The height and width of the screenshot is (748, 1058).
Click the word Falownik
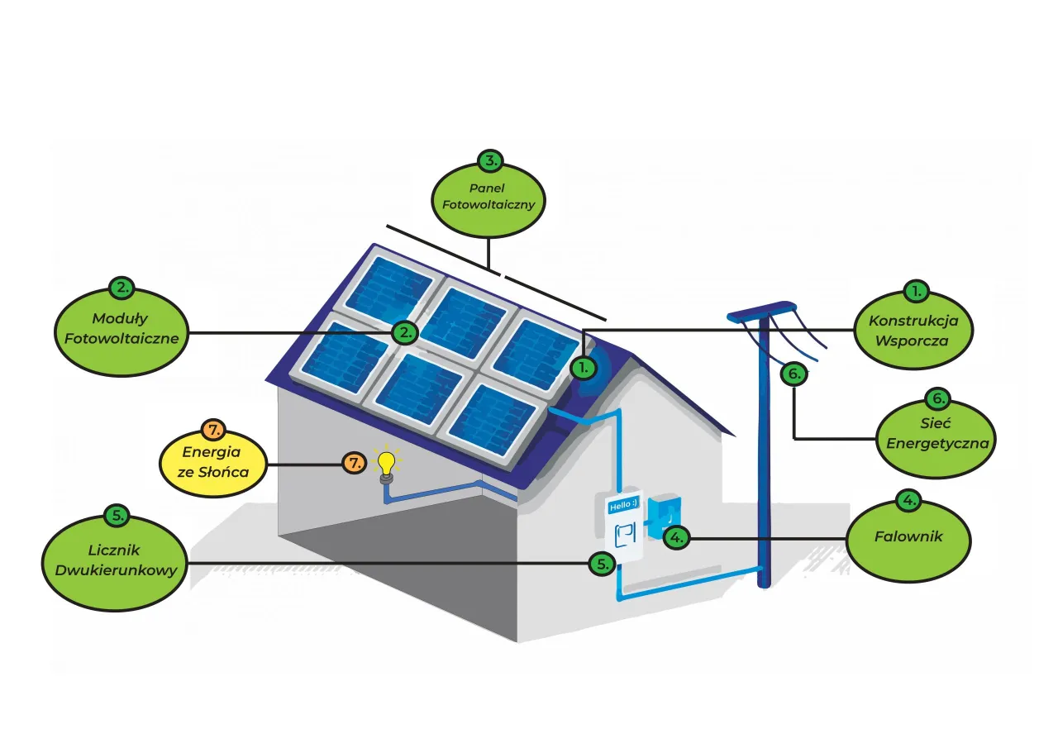click(908, 536)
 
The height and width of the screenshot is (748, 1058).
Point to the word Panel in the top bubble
click(488, 188)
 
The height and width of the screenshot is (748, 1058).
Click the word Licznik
click(114, 550)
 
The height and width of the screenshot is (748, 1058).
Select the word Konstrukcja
click(913, 321)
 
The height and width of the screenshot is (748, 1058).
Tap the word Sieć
click(937, 425)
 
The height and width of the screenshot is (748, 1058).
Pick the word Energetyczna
click(937, 442)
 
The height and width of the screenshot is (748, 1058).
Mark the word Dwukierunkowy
click(114, 569)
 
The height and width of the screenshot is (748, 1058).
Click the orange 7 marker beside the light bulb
click(355, 463)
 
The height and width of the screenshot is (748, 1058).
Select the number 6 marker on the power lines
click(793, 374)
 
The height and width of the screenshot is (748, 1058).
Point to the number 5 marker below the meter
click(601, 563)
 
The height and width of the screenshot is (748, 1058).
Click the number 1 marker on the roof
click(583, 365)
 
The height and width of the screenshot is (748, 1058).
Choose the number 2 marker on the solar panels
click(405, 332)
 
